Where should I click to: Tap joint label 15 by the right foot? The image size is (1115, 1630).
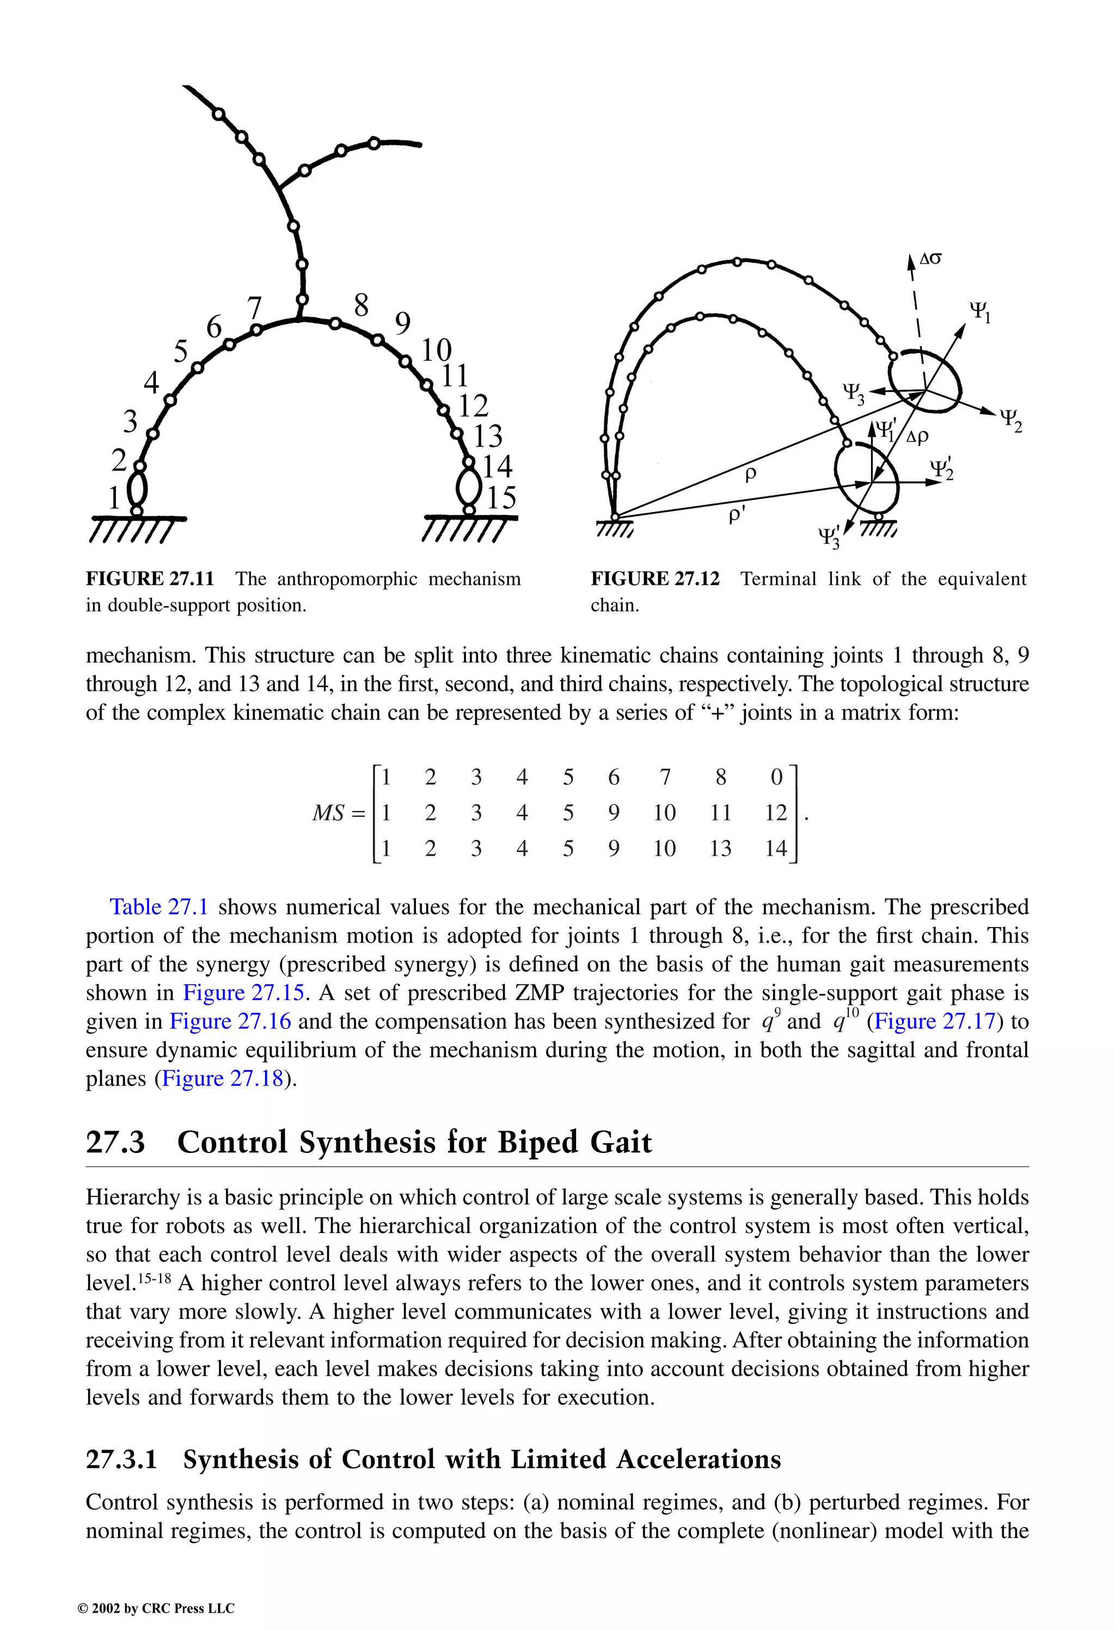[x=501, y=497]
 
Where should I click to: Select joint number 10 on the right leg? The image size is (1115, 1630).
[x=436, y=349]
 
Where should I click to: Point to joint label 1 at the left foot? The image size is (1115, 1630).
[x=114, y=498]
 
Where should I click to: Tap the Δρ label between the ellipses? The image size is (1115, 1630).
[x=917, y=436]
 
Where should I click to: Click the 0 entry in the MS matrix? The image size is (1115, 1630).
[x=776, y=777]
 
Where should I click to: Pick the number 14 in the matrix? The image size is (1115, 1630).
[x=776, y=848]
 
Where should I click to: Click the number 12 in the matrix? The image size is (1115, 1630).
[x=776, y=813]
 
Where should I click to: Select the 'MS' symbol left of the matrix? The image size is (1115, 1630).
[x=328, y=814]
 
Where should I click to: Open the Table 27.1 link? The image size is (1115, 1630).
[x=158, y=907]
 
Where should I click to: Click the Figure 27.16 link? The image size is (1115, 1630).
[x=230, y=1021]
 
